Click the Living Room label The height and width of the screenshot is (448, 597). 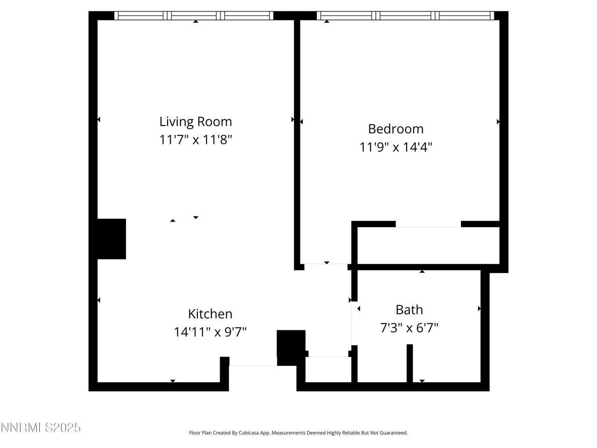195,121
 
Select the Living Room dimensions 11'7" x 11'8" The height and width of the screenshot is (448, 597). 195,140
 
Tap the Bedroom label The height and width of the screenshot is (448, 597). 396,129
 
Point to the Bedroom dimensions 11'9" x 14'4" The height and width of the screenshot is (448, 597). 396,147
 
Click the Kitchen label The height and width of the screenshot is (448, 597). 210,314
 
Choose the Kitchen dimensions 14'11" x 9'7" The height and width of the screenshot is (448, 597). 210,332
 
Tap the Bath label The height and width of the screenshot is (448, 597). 409,309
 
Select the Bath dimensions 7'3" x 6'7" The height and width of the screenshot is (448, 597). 409,328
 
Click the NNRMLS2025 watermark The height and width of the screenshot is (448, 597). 41,427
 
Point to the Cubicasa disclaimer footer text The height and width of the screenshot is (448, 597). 298,433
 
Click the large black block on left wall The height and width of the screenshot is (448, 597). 111,238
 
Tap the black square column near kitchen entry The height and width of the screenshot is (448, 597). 291,348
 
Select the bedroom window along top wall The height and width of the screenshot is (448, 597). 405,16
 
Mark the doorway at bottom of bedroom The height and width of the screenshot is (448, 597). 326,266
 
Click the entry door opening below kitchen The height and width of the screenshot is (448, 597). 253,366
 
